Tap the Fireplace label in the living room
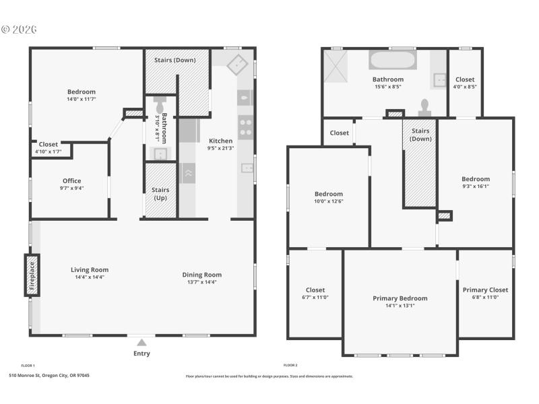[32, 275]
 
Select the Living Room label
[90, 270]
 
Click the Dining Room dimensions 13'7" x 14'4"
[202, 282]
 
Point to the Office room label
[72, 180]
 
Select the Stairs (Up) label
[160, 194]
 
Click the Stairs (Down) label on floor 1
[175, 60]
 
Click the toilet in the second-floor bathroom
[425, 106]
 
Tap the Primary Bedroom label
[400, 298]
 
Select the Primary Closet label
[485, 290]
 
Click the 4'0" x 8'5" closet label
[464, 86]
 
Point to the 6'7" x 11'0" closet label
[315, 297]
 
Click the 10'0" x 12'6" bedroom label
[329, 201]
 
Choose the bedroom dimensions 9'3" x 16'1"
[476, 187]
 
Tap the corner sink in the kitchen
[237, 65]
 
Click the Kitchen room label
[220, 141]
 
